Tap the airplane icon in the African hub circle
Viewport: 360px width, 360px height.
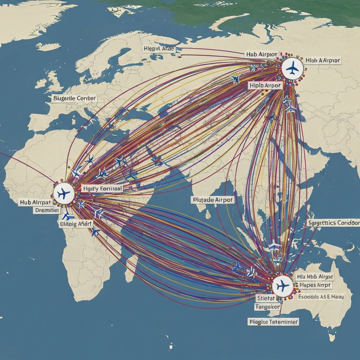(x=64, y=193)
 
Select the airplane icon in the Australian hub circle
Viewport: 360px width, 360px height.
(x=282, y=286)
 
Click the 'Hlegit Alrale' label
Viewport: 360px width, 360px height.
(x=159, y=49)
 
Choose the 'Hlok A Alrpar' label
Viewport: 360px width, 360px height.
(x=322, y=60)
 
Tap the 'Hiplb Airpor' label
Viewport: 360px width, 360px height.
(x=265, y=85)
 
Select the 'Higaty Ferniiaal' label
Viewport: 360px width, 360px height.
(x=102, y=189)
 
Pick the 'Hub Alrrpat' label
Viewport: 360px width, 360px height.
(x=36, y=203)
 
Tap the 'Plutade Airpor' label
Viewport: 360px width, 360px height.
(x=213, y=200)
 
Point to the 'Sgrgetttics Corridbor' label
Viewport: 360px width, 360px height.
(x=334, y=223)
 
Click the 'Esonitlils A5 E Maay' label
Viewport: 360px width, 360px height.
(x=321, y=296)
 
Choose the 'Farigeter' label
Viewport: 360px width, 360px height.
(x=267, y=307)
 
